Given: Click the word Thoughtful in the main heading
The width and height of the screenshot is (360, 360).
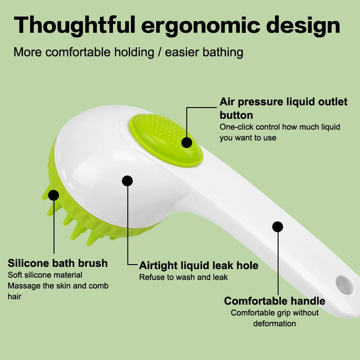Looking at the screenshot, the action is click(75, 26).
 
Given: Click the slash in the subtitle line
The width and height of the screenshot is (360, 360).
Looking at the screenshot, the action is click(159, 52).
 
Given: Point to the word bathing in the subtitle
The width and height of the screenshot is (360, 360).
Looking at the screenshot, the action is click(223, 52).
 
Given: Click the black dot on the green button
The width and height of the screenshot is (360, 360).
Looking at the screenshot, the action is click(187, 143).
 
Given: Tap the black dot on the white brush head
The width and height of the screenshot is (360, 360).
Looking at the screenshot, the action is click(127, 181).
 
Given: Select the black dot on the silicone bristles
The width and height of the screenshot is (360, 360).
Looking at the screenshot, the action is click(54, 195).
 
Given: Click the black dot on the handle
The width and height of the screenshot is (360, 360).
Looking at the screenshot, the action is click(278, 227).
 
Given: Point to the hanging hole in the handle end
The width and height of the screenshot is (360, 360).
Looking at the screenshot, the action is click(345, 285).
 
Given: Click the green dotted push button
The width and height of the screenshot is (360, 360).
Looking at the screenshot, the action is click(166, 140).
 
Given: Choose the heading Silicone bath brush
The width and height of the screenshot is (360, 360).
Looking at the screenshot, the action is click(58, 263).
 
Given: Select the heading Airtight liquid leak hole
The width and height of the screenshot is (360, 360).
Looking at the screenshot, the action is click(198, 265).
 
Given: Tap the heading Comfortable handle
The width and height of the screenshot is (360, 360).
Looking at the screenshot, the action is click(274, 301).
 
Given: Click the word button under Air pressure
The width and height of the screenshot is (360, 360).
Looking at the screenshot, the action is click(236, 115).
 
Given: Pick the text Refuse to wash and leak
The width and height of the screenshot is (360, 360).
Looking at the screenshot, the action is click(184, 277).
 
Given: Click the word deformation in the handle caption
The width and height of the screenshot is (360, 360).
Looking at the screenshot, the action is click(274, 324).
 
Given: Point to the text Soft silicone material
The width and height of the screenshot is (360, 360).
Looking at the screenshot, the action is click(45, 275).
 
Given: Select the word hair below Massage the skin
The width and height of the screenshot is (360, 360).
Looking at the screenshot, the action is click(14, 297).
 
